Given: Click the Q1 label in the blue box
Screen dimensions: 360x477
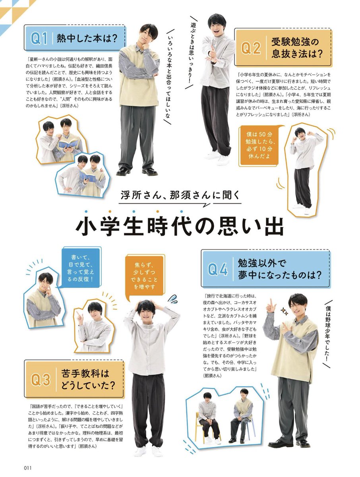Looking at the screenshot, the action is [39, 39].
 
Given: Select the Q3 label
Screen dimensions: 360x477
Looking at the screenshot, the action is [41, 380].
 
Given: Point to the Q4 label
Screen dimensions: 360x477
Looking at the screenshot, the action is [218, 269].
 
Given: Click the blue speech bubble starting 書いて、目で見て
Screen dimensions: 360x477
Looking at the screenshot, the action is [80, 268].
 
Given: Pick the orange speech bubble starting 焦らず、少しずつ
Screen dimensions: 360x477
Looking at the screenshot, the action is [144, 276].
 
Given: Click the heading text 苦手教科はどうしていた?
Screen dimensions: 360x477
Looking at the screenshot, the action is [88, 380].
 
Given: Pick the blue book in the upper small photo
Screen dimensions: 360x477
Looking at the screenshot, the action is [68, 143].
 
